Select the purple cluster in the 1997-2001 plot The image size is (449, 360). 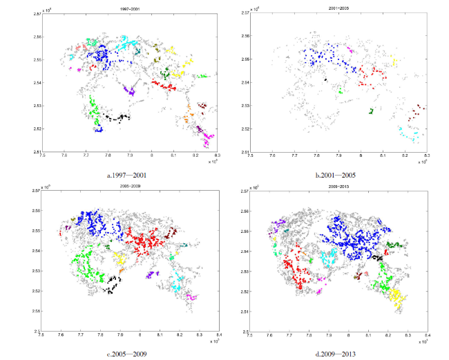point(128,90)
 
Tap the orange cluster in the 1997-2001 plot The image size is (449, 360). point(188,115)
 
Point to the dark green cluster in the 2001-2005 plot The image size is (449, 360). point(371,111)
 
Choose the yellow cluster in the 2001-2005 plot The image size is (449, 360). point(394,61)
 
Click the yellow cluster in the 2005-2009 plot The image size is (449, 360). point(120,259)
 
